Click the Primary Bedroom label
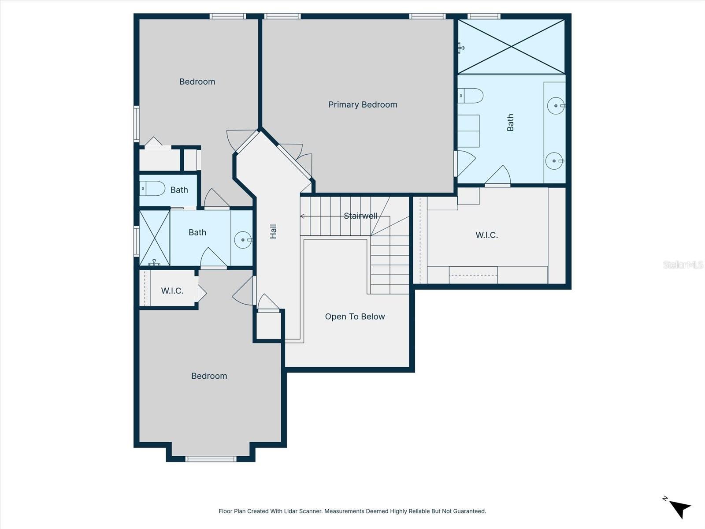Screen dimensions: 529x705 [363, 104]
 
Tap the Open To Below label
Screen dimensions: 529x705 [355, 317]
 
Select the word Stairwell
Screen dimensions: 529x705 [360, 216]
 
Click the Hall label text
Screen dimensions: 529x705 [273, 231]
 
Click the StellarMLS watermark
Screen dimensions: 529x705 [683, 264]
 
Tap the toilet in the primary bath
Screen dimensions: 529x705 [471, 96]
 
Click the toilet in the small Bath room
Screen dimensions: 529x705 [152, 189]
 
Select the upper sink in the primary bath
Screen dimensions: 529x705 [556, 106]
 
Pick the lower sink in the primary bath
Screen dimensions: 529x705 [554, 161]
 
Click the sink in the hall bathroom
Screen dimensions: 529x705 [243, 240]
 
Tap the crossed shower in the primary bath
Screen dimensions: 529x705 [511, 46]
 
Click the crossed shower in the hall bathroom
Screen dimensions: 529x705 [154, 238]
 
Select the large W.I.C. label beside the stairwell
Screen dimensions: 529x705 [486, 235]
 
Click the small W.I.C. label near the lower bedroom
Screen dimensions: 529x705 [172, 291]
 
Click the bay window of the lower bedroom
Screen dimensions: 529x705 [211, 458]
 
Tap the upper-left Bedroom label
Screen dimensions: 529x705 [197, 82]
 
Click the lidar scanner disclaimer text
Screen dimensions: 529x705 [352, 511]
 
